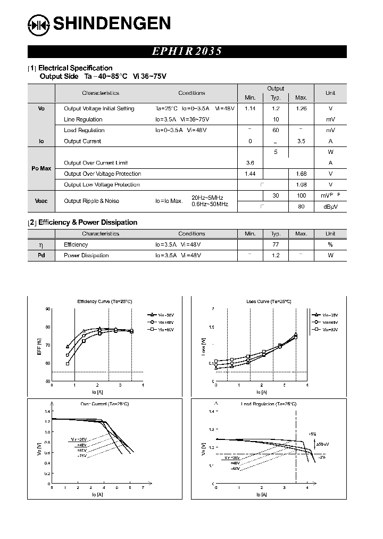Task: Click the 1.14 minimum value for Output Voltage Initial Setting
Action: tap(250, 109)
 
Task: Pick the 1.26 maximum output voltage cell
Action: tap(301, 109)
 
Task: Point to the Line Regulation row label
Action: tap(83, 119)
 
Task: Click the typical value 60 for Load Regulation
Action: tap(276, 130)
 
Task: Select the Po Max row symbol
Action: tap(41, 168)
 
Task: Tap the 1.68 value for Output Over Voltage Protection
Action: tap(301, 174)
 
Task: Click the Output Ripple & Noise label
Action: tap(91, 201)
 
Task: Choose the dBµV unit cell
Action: tap(330, 207)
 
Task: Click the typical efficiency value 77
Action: tap(276, 244)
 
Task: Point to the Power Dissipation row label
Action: tap(86, 256)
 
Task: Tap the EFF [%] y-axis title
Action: tap(39, 345)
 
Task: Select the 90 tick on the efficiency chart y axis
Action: tap(48, 309)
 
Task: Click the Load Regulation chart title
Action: tap(269, 404)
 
